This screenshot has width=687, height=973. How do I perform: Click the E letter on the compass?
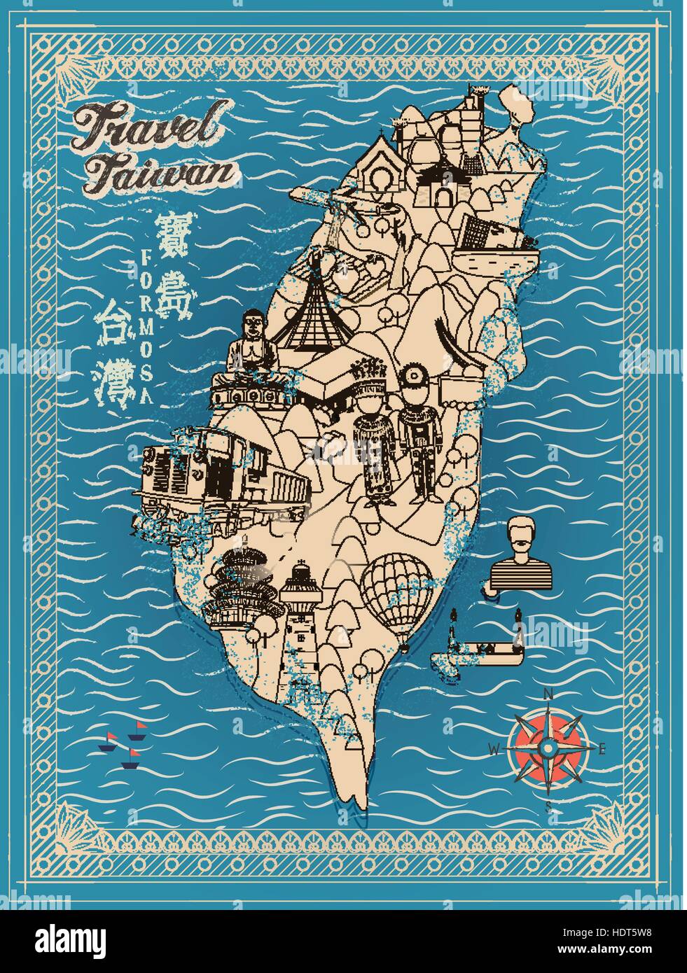click(x=602, y=748)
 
